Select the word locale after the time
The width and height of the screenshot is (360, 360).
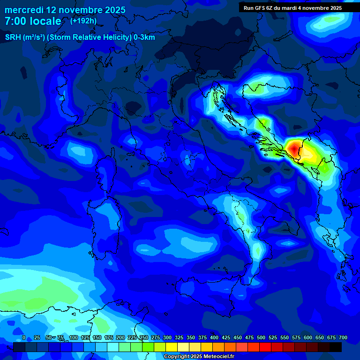coord(45,21)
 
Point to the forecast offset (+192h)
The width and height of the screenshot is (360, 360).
coord(83,21)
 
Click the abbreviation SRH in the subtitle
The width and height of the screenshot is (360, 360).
coord(13,37)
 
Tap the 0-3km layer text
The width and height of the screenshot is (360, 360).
coord(144,37)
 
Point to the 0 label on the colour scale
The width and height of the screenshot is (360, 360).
coord(24,337)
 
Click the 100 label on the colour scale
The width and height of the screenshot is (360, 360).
coord(74,337)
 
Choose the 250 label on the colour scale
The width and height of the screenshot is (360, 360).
coord(144,337)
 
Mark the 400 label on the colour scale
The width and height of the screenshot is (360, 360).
coord(214,337)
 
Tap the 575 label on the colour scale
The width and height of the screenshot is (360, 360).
coord(296,337)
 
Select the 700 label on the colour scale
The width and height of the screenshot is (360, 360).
coord(343,337)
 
